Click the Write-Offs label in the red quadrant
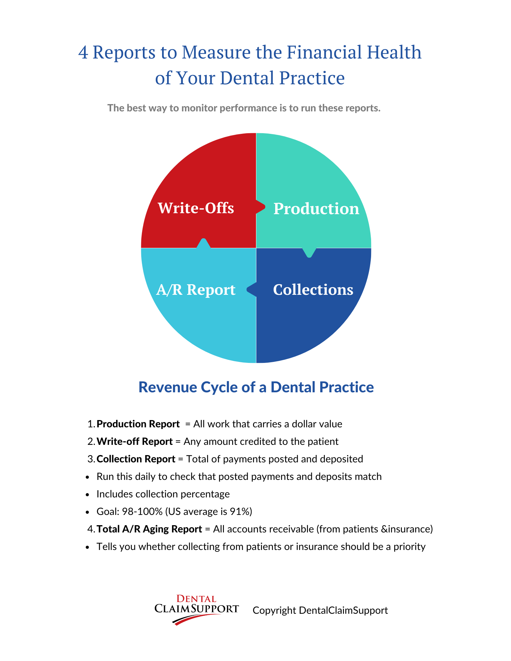pyautogui.click(x=196, y=208)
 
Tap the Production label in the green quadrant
pyautogui.click(x=316, y=209)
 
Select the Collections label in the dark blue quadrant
pyautogui.click(x=313, y=290)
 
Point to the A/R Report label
pyautogui.click(x=196, y=290)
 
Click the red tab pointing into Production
pyautogui.click(x=261, y=207)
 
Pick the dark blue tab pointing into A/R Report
pyautogui.click(x=251, y=290)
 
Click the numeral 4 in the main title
pyautogui.click(x=83, y=53)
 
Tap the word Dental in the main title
pyautogui.click(x=247, y=78)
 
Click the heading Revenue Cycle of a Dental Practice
pyautogui.click(x=256, y=387)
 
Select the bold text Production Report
pyautogui.click(x=138, y=424)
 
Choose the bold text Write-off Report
pyautogui.click(x=135, y=442)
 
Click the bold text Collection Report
pyautogui.click(x=136, y=459)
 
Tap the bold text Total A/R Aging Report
pyautogui.click(x=149, y=529)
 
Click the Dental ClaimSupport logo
pyautogui.click(x=196, y=610)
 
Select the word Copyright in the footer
pyautogui.click(x=274, y=610)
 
